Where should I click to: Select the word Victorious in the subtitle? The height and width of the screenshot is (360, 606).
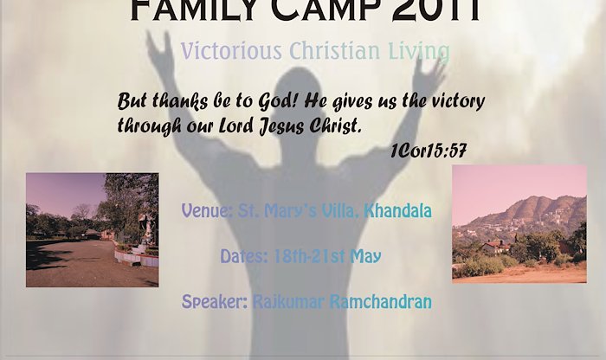pyautogui.click(x=231, y=51)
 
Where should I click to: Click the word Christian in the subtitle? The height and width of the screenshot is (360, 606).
pyautogui.click(x=335, y=51)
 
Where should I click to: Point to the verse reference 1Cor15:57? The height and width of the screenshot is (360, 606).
pyautogui.click(x=429, y=151)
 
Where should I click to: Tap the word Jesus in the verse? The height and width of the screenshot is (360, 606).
pyautogui.click(x=281, y=126)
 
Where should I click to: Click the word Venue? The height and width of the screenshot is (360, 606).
pyautogui.click(x=207, y=210)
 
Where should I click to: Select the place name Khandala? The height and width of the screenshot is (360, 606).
pyautogui.click(x=397, y=210)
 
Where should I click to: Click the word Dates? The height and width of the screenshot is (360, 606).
pyautogui.click(x=244, y=256)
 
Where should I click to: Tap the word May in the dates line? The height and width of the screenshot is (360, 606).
pyautogui.click(x=365, y=257)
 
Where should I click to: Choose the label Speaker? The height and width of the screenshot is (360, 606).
pyautogui.click(x=215, y=302)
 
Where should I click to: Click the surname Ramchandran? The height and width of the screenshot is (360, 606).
pyautogui.click(x=381, y=302)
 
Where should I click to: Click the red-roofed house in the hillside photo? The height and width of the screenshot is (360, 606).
pyautogui.click(x=496, y=247)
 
